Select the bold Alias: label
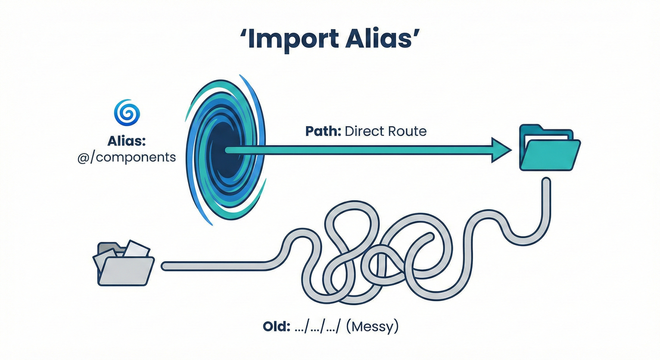pyautogui.click(x=127, y=141)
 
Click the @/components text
pyautogui.click(x=127, y=157)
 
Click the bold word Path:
pyautogui.click(x=323, y=131)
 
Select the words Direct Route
pyautogui.click(x=385, y=131)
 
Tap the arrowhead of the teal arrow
pyautogui.click(x=500, y=150)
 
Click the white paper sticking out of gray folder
pyautogui.click(x=137, y=249)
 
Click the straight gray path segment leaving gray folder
pyautogui.click(x=211, y=266)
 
